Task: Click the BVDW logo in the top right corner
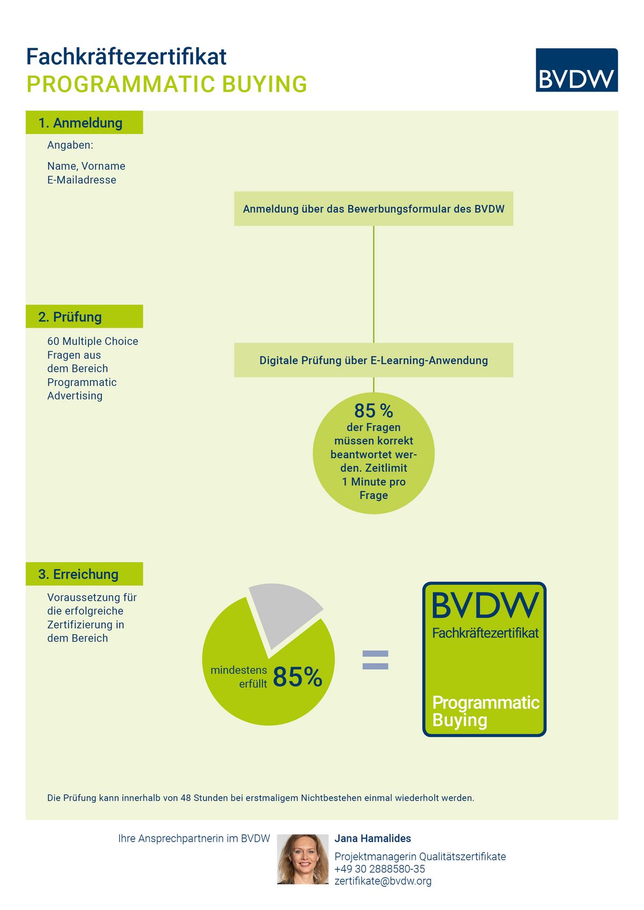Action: tap(576, 70)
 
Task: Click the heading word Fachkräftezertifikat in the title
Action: tap(126, 56)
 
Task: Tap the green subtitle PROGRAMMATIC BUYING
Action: tap(166, 84)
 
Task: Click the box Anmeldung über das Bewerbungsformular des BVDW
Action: tap(374, 209)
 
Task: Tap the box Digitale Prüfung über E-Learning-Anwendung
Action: tap(374, 361)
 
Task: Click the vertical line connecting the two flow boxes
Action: tap(374, 284)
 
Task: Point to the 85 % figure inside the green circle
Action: tap(374, 410)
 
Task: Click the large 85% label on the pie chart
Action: tap(297, 677)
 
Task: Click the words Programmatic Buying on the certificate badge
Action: tap(486, 711)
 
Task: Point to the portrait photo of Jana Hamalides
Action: tap(303, 859)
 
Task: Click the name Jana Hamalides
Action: tap(372, 839)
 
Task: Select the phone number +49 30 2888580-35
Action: tap(379, 869)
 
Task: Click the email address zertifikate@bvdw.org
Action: tap(383, 881)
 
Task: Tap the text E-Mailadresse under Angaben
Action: tap(82, 180)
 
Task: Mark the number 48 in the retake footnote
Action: tap(186, 798)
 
